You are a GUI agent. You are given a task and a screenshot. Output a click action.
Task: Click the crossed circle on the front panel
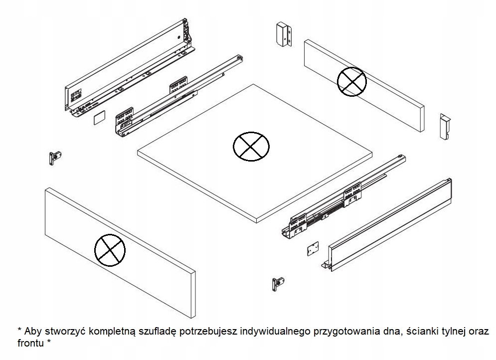point(110,250)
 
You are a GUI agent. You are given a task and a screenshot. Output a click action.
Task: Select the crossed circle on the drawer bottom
point(251,147)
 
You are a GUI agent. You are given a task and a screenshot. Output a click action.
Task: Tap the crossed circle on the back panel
point(351,81)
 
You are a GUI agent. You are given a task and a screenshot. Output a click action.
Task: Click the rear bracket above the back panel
point(283,34)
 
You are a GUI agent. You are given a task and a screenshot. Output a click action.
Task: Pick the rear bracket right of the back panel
point(444,127)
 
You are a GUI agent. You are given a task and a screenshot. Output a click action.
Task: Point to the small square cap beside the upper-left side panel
point(99,118)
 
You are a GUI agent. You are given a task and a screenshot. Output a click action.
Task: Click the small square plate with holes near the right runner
point(313,249)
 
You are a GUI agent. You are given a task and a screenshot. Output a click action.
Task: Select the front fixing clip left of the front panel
point(54,157)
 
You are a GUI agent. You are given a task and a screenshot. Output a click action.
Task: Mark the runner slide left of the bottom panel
point(174,95)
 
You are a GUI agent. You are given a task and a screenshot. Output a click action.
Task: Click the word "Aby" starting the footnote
point(32,332)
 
